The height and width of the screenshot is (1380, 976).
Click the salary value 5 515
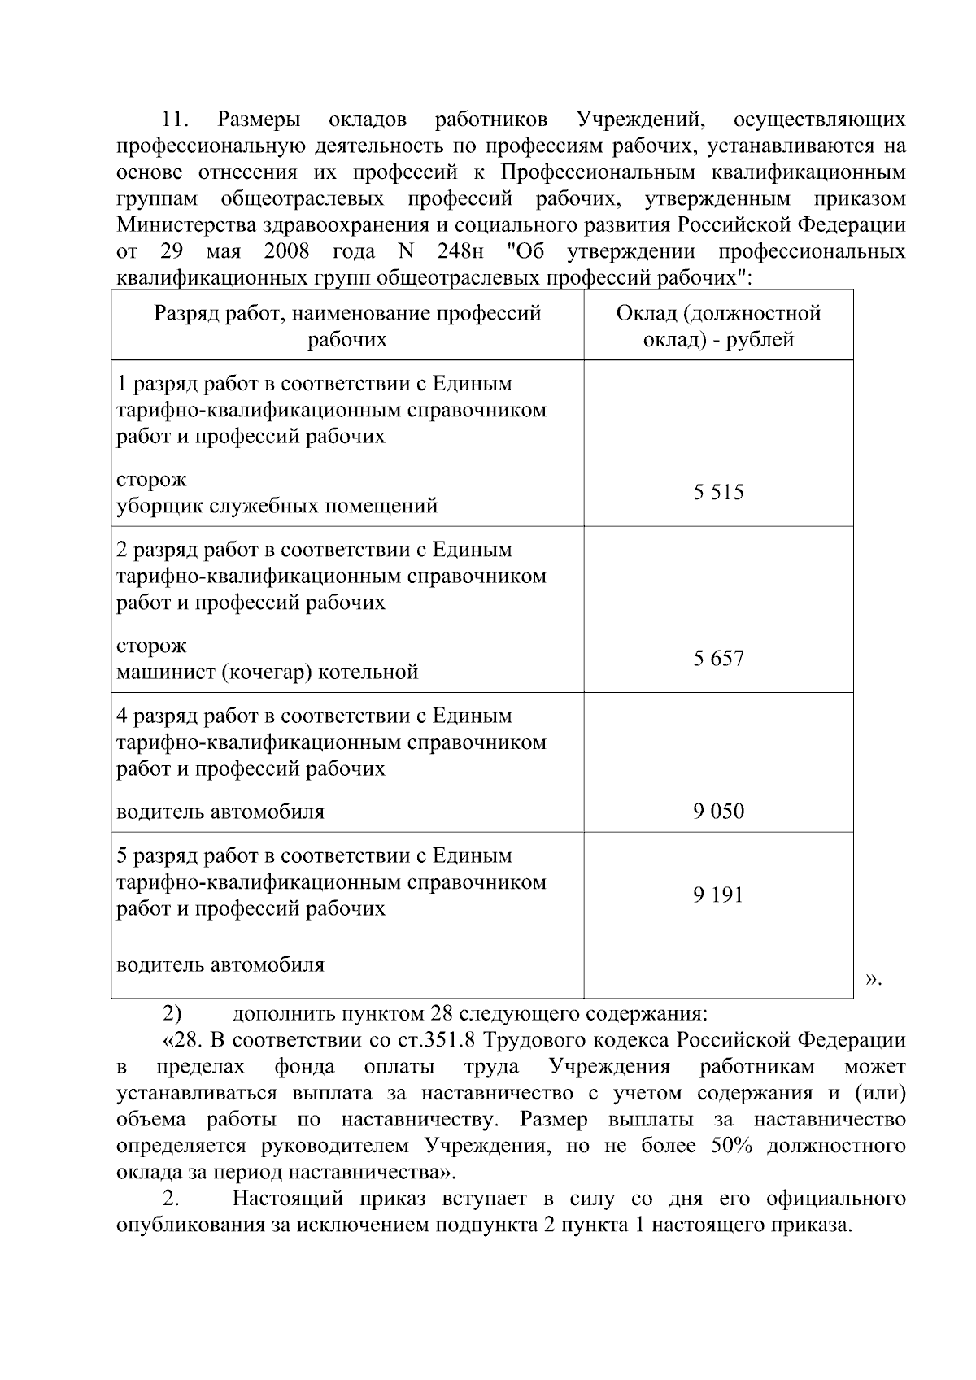coord(718,492)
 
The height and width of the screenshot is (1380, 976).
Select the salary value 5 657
coord(718,658)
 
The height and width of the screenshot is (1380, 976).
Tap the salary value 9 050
coord(718,811)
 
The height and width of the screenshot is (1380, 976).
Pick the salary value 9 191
coord(718,895)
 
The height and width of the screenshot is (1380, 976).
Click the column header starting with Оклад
coord(718,326)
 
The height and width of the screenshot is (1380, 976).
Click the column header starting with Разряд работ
coord(347,326)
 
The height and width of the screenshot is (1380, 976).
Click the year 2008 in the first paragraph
coord(286,250)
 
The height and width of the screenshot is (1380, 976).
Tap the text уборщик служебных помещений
coord(277,506)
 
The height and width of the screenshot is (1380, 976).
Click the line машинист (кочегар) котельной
coord(268,672)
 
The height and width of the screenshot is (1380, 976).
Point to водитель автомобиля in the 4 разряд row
coord(220,812)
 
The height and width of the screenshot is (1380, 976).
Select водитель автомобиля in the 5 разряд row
coord(220,964)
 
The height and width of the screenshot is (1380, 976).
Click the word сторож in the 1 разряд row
coord(151,480)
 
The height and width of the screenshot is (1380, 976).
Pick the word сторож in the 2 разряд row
coord(151,646)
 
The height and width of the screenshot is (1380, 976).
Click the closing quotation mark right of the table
coord(872,978)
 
